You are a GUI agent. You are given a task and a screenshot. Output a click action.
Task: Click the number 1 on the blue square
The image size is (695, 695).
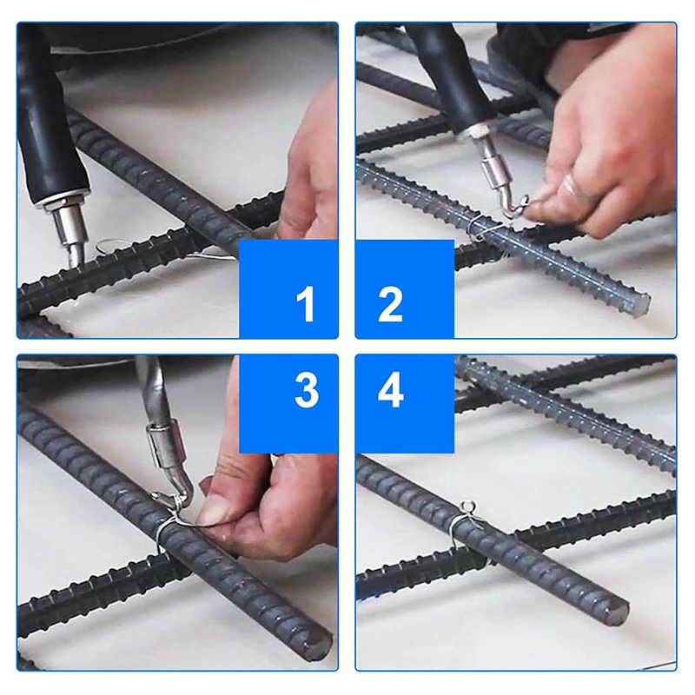(306, 303)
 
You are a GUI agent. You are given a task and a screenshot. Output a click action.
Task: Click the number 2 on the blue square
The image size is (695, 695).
(390, 303)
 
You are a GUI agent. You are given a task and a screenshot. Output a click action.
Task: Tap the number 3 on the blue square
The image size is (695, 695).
(307, 390)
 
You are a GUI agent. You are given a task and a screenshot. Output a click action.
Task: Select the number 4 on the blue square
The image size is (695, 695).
(390, 390)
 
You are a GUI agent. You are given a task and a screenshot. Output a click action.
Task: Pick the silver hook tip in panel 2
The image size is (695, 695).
(514, 208)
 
